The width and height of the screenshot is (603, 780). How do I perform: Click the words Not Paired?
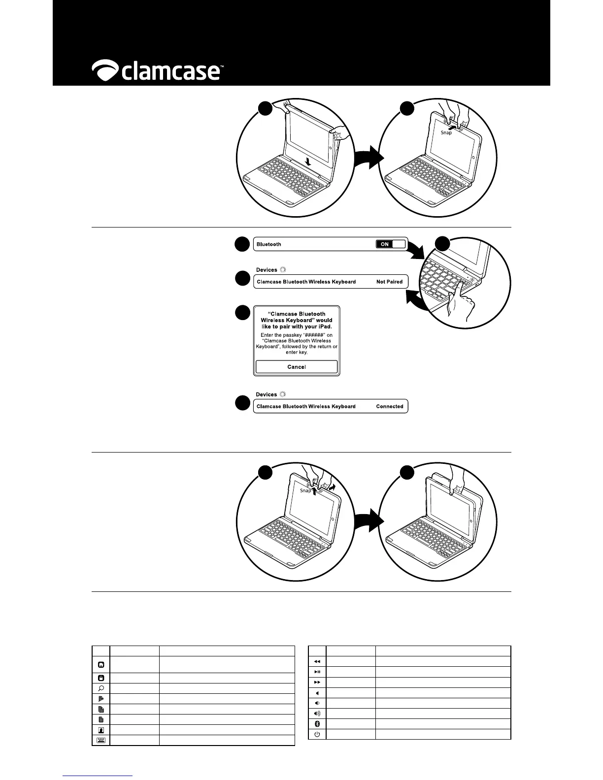389,282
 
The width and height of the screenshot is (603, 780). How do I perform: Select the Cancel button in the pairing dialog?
297,367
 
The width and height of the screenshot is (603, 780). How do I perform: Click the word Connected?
389,406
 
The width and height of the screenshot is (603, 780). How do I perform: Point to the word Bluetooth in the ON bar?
269,244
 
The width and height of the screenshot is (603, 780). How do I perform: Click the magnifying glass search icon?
101,688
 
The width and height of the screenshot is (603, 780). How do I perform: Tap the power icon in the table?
317,734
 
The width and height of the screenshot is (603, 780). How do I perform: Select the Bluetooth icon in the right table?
317,724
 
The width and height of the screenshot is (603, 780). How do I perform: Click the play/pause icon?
317,672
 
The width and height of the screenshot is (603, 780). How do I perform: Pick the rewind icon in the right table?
317,661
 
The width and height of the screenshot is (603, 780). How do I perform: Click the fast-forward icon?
317,682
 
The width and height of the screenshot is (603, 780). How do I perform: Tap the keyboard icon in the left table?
101,740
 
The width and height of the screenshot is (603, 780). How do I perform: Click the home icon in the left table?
101,665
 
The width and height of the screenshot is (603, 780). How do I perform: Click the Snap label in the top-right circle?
446,132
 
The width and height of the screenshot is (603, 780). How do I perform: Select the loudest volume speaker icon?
317,713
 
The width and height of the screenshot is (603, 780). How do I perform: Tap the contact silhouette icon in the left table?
101,730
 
